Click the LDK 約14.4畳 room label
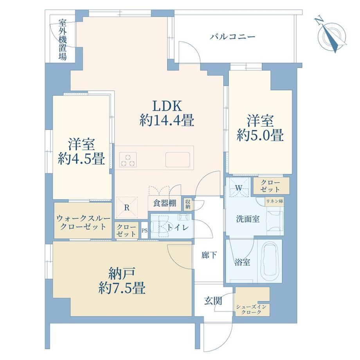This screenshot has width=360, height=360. pyautogui.click(x=167, y=113)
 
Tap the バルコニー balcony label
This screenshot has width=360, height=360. pyautogui.click(x=232, y=37)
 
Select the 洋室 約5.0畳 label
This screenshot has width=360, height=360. pyautogui.click(x=260, y=128)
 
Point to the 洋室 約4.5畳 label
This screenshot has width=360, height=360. pyautogui.click(x=81, y=151)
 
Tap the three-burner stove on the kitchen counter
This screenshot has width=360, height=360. pyautogui.click(x=128, y=159)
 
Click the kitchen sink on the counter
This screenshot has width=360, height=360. pyautogui.click(x=178, y=159)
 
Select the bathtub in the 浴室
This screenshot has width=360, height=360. pyautogui.click(x=270, y=261)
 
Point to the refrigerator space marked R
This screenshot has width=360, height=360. pyautogui.click(x=127, y=207)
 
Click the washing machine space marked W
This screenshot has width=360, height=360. pyautogui.click(x=239, y=188)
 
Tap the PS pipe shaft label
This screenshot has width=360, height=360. pyautogui.click(x=144, y=230)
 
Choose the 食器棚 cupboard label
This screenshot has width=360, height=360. pyautogui.click(x=165, y=203)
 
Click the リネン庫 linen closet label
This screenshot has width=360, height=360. pyautogui.click(x=274, y=202)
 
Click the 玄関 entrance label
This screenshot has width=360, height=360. pyautogui.click(x=213, y=301)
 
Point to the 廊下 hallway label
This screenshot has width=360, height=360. pyautogui.click(x=209, y=255)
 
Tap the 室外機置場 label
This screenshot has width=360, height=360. pyautogui.click(x=63, y=40)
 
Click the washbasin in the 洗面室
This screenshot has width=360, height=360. pyautogui.click(x=275, y=220)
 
